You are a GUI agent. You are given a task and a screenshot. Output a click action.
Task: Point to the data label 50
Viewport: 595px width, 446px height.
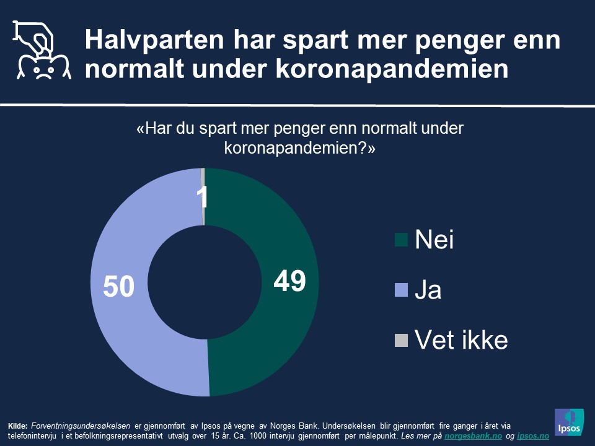(x=118, y=287)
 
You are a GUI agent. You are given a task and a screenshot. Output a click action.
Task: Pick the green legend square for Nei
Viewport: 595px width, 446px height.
(x=401, y=240)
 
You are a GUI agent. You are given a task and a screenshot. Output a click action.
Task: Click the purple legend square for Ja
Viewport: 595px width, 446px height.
(x=401, y=290)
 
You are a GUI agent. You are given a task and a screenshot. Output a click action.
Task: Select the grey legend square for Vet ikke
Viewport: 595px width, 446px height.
(x=401, y=340)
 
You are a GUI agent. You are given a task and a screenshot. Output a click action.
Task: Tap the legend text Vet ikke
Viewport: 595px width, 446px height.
(x=461, y=340)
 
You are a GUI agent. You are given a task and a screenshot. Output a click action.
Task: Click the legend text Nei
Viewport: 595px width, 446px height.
(x=434, y=240)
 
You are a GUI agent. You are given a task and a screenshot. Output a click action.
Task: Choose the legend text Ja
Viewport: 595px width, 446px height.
(x=428, y=290)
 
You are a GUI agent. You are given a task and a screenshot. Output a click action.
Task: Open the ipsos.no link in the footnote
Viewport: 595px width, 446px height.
(x=534, y=436)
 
